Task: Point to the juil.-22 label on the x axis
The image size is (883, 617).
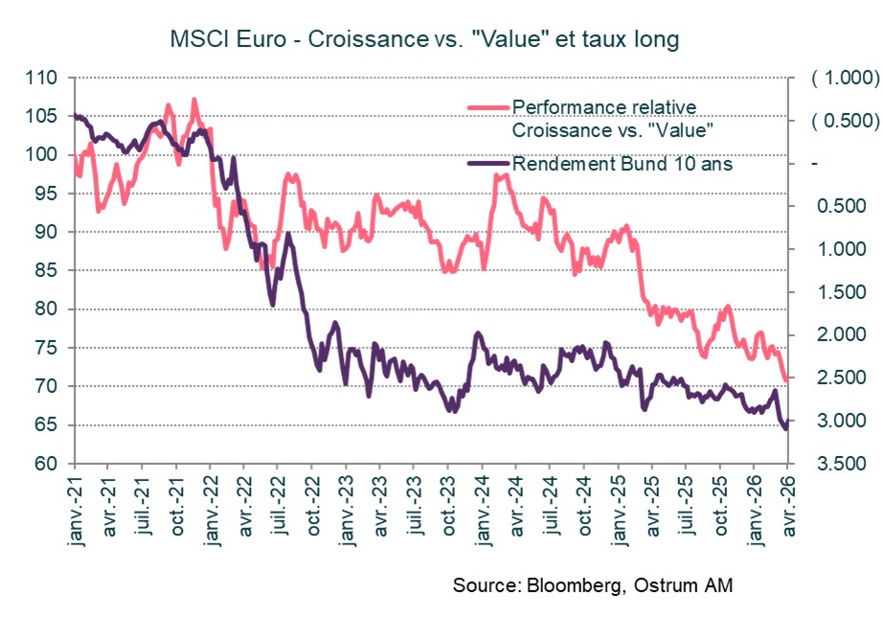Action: [x=278, y=502]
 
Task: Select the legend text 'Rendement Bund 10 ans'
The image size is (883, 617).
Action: [x=623, y=164]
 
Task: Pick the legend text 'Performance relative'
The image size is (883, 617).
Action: [x=604, y=105]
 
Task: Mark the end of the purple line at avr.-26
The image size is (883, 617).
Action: [x=786, y=428]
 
